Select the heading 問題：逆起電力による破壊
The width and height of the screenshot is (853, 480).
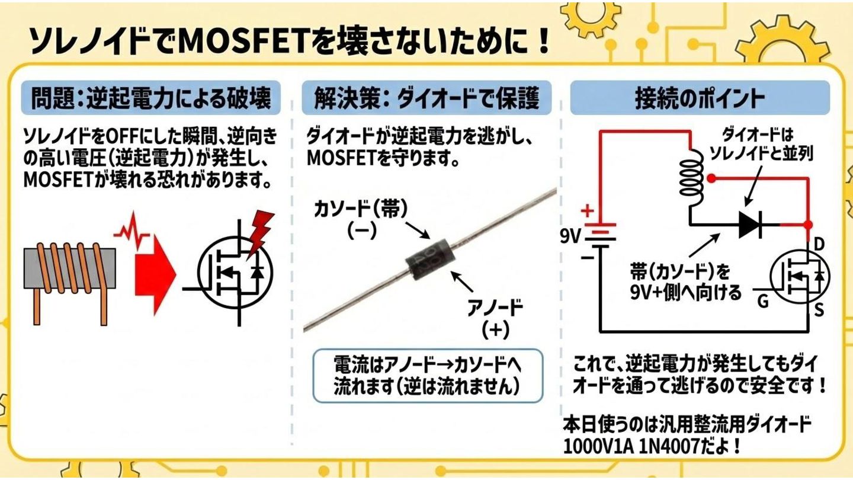[150, 98]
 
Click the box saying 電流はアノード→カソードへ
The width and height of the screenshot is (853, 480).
[427, 375]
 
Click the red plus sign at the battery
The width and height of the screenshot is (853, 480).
[587, 210]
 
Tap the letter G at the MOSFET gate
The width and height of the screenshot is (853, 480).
[763, 302]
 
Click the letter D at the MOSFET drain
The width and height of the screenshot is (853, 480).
[820, 244]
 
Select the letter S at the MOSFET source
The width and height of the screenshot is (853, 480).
[819, 309]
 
